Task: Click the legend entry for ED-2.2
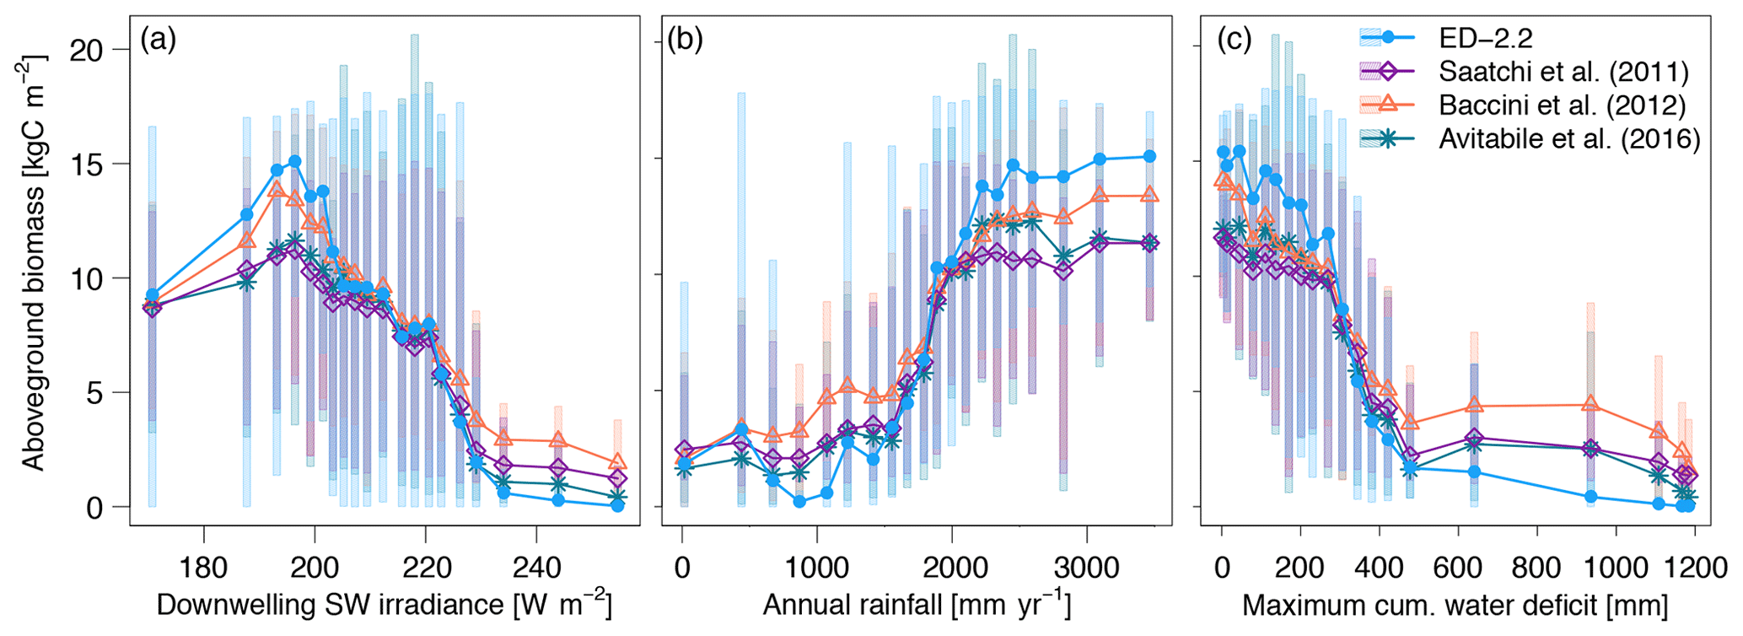[1486, 37]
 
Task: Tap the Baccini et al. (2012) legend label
[1562, 105]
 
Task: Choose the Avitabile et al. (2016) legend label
[1569, 138]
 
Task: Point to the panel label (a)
[159, 39]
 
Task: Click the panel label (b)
[685, 39]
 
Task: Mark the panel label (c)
[1234, 39]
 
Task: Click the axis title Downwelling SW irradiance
[384, 605]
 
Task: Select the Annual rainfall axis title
[917, 605]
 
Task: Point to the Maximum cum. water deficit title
[1455, 605]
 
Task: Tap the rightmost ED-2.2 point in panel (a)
[617, 505]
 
